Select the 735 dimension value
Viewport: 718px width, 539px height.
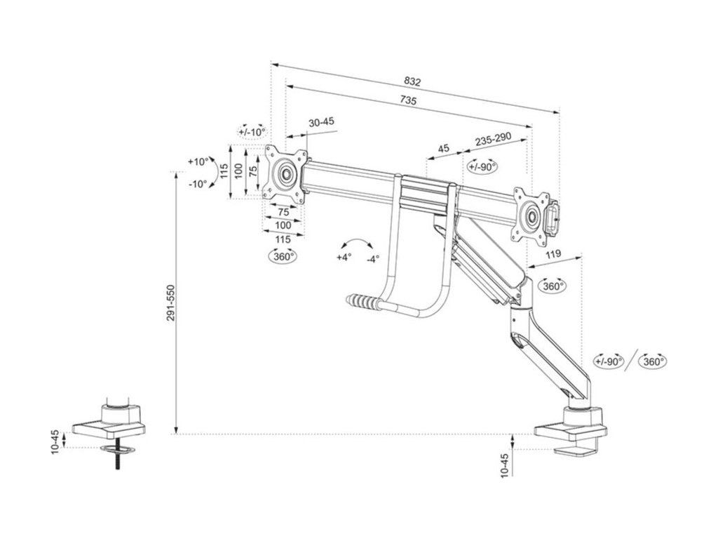point(408,101)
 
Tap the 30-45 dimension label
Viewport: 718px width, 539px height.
point(321,122)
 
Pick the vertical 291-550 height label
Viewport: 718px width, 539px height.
point(171,303)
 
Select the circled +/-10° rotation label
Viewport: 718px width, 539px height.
point(252,131)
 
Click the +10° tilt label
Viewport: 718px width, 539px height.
point(198,161)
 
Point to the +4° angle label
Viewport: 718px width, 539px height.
point(344,258)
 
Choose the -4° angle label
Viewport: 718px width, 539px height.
point(372,258)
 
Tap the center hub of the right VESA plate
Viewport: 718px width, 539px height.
point(529,214)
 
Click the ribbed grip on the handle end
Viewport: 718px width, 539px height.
point(363,303)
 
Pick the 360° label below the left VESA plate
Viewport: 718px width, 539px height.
point(283,256)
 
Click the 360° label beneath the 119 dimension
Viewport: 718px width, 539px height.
point(553,286)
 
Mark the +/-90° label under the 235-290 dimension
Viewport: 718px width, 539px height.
point(482,166)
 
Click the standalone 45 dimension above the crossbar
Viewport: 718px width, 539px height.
point(443,148)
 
